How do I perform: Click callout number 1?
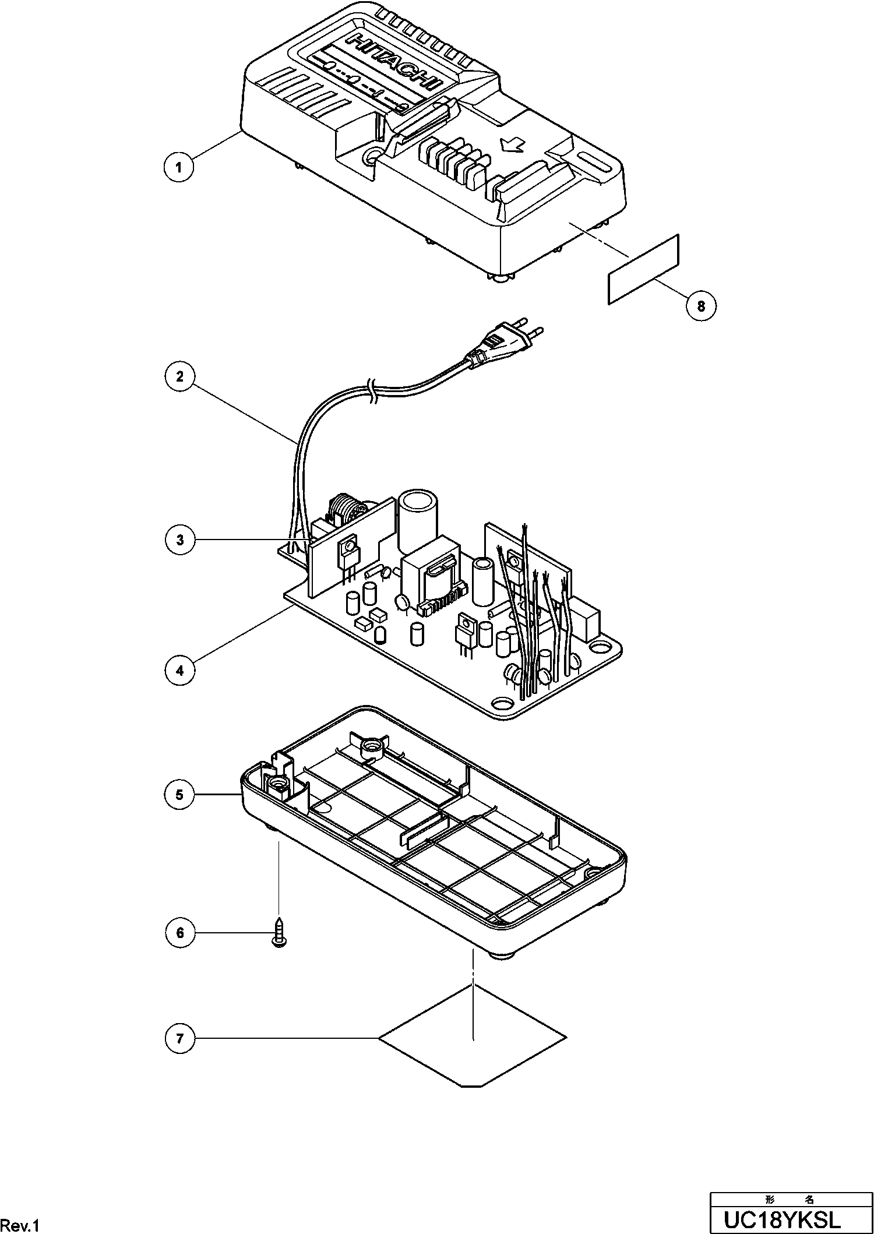click(x=179, y=167)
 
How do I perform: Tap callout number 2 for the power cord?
click(x=179, y=376)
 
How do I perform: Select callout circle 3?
click(x=179, y=540)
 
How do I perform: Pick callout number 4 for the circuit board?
click(x=179, y=670)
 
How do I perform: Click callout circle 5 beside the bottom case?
click(x=179, y=794)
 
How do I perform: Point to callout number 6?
click(x=179, y=933)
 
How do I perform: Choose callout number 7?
click(x=179, y=1038)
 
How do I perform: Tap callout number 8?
click(x=701, y=305)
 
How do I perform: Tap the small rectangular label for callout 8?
click(x=643, y=269)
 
